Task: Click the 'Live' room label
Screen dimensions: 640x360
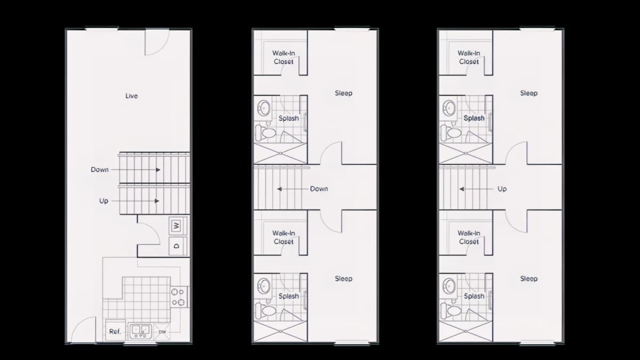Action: click(x=131, y=96)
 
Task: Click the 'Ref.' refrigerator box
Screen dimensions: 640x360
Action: click(x=115, y=330)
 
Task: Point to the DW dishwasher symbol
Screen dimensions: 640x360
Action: click(x=162, y=332)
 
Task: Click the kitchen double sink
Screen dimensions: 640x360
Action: click(x=140, y=331)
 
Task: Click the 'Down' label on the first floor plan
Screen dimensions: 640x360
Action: click(x=100, y=170)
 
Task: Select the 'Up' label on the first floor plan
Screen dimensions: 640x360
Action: click(x=103, y=201)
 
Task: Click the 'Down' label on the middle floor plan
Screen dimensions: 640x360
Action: click(x=319, y=189)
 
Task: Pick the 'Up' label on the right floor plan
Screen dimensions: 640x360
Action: click(x=502, y=189)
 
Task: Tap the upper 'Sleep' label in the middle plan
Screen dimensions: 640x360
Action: click(x=343, y=93)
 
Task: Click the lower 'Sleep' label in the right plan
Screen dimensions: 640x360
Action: click(x=529, y=278)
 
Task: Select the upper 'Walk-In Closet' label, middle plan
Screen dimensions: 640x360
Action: click(x=284, y=58)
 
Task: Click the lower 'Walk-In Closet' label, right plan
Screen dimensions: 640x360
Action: click(x=469, y=237)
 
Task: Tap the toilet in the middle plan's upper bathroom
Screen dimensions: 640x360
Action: click(x=266, y=133)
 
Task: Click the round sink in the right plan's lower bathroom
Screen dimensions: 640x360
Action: click(x=450, y=285)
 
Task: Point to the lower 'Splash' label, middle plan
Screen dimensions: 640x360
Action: click(x=289, y=297)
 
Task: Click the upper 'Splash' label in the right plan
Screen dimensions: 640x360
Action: click(x=474, y=118)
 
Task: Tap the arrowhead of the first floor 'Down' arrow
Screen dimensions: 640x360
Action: click(x=158, y=170)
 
